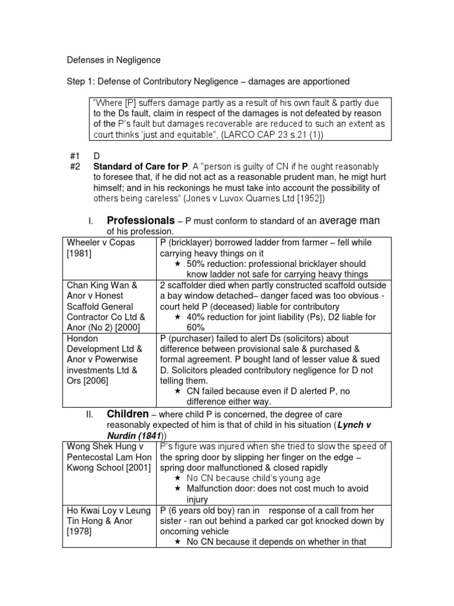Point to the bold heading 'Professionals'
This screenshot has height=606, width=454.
pyautogui.click(x=141, y=221)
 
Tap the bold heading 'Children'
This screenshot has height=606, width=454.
pyautogui.click(x=127, y=414)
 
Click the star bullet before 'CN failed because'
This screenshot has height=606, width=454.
pyautogui.click(x=177, y=391)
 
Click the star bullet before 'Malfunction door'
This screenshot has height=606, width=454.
pyautogui.click(x=177, y=489)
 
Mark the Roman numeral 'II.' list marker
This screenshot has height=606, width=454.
pyautogui.click(x=89, y=414)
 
